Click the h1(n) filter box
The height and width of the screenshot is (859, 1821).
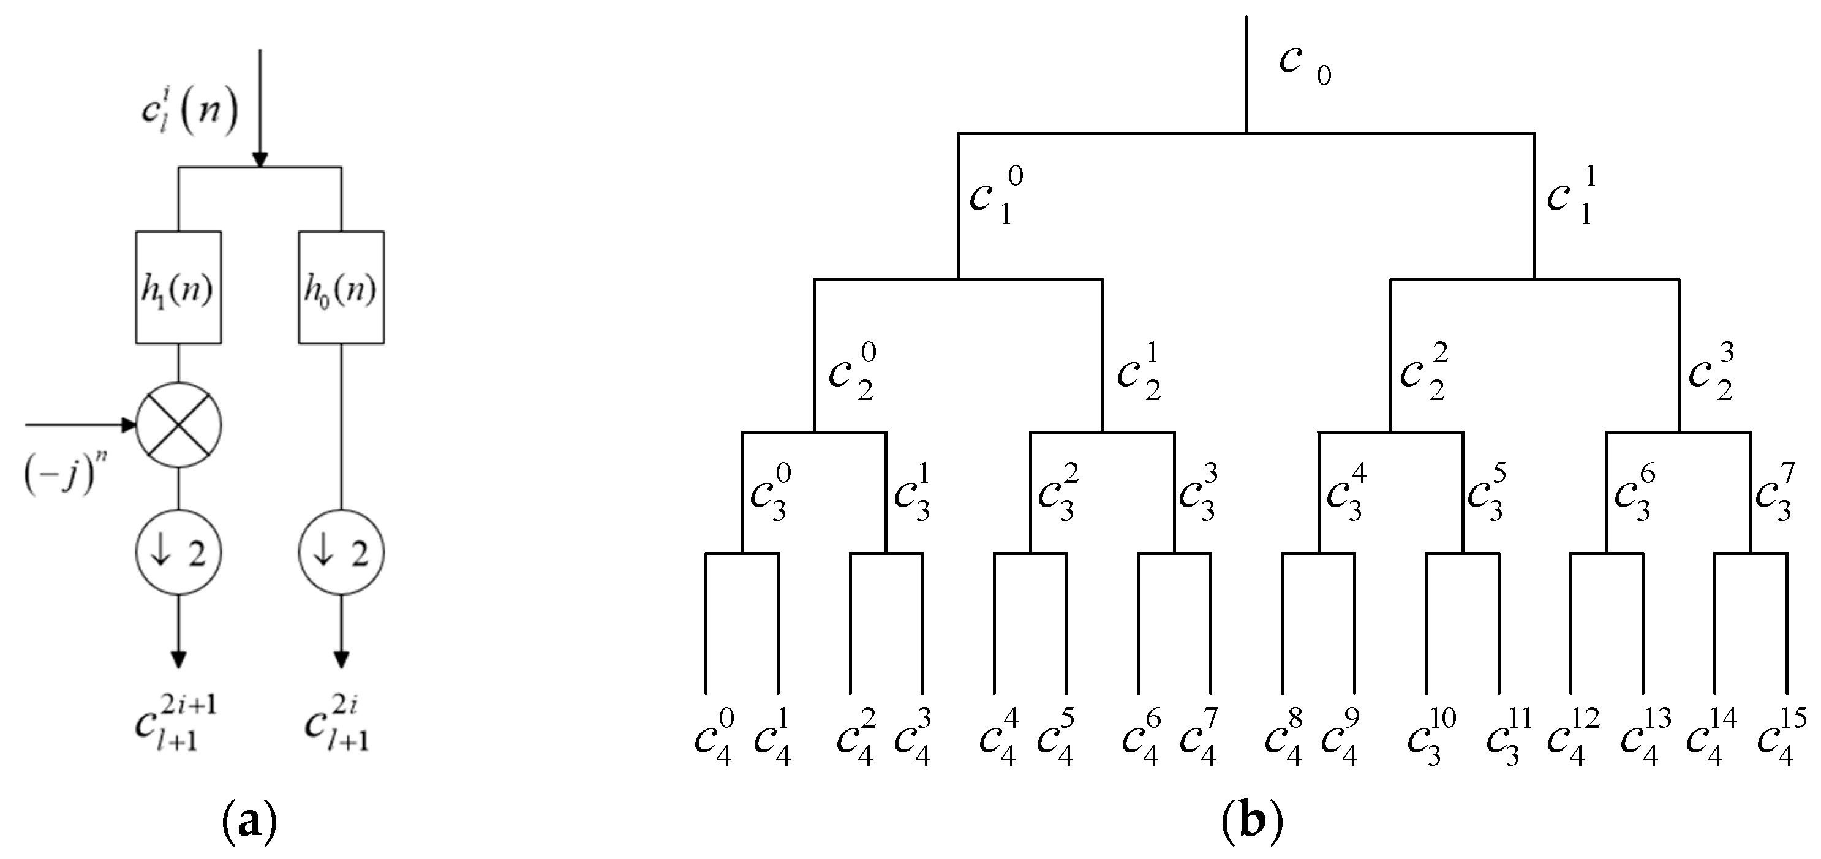tap(178, 288)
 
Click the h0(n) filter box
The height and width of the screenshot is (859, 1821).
tap(341, 288)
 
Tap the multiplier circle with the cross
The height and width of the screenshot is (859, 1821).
tap(178, 425)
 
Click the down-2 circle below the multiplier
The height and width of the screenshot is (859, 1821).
tap(178, 552)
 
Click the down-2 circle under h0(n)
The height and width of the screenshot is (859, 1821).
tap(341, 552)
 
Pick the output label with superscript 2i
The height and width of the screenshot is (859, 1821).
tap(338, 721)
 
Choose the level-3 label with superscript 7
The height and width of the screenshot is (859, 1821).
tap(1775, 492)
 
